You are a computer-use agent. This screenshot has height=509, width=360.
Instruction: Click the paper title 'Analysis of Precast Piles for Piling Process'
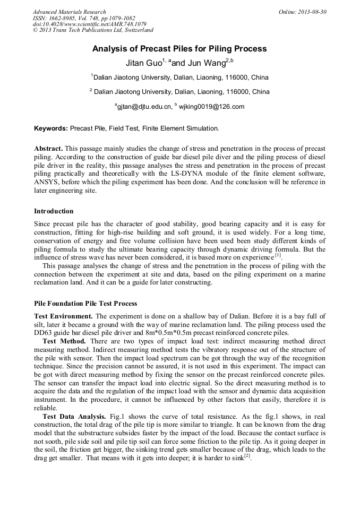pyautogui.click(x=179, y=49)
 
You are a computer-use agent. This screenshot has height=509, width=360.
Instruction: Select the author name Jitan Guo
pyautogui.click(x=150, y=63)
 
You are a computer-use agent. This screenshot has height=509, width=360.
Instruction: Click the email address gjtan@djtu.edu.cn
pyautogui.click(x=144, y=107)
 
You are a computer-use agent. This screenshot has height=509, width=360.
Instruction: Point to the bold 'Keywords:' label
pyautogui.click(x=51, y=128)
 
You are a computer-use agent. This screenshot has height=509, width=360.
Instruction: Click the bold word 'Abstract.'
pyautogui.click(x=48, y=149)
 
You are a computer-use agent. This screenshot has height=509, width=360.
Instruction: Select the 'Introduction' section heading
pyautogui.click(x=54, y=211)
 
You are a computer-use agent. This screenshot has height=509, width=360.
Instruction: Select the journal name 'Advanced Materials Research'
pyautogui.click(x=69, y=12)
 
